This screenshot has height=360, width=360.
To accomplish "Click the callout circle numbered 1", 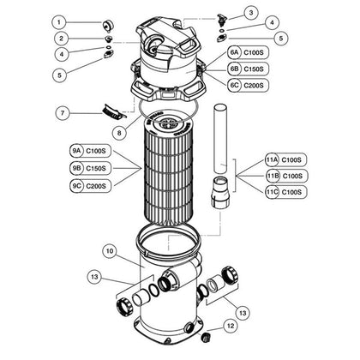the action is click(x=59, y=22).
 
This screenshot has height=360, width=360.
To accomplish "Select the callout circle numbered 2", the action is click(x=62, y=39).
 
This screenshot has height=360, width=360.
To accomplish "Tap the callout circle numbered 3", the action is click(x=251, y=13).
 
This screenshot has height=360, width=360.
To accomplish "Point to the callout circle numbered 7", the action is click(x=63, y=113).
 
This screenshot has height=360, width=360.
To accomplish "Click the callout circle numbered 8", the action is click(x=119, y=133).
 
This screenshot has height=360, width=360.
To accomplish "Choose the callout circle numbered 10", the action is click(x=110, y=251).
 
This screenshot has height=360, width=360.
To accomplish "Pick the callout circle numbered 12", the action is click(x=231, y=326).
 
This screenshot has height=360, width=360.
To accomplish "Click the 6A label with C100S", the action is click(x=248, y=52).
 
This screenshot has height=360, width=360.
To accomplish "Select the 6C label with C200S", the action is click(x=248, y=85).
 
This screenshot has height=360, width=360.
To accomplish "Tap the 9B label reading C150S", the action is click(x=90, y=168).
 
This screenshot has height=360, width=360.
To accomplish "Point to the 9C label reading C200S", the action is click(x=90, y=186).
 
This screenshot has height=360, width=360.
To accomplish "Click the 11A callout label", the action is click(x=285, y=159).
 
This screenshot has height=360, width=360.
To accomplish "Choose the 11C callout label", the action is click(x=286, y=192).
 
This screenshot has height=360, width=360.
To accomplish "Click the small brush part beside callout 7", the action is click(x=113, y=112).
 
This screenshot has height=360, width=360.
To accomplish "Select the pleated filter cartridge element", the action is click(x=168, y=169).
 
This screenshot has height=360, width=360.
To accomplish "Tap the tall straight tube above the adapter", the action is click(x=221, y=139).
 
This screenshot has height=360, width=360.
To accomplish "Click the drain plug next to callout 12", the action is click(x=206, y=337).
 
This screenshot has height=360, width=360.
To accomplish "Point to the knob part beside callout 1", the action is click(x=108, y=26).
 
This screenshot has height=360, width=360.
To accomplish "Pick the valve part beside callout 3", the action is click(x=221, y=19).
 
